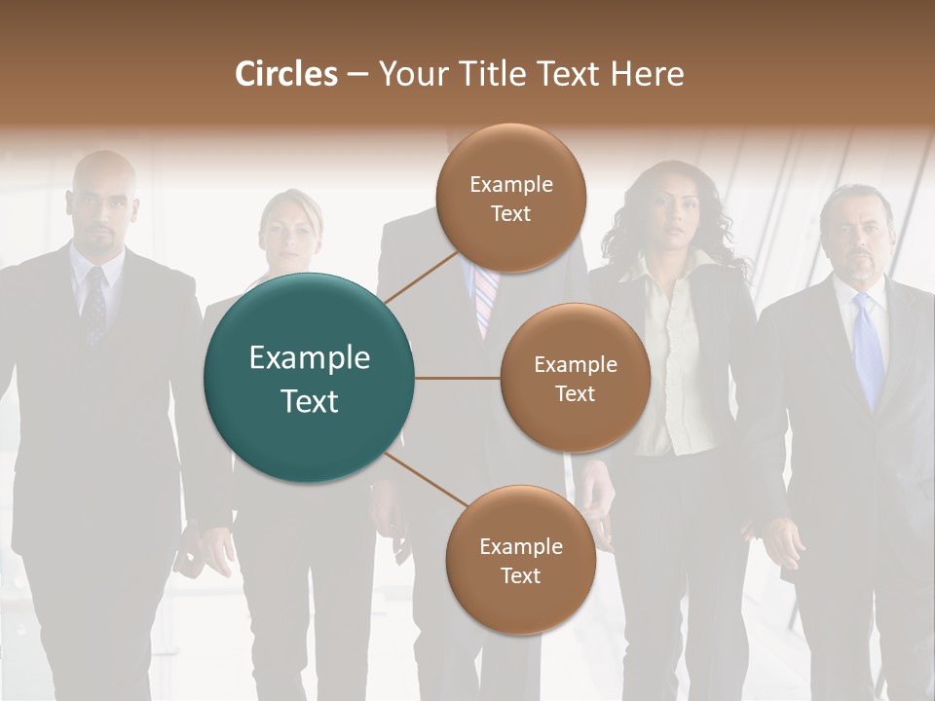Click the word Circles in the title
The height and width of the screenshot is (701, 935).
click(286, 74)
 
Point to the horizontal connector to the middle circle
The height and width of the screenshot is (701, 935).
click(457, 378)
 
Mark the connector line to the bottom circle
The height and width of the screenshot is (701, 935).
click(425, 479)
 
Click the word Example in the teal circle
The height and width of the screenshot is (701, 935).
click(309, 358)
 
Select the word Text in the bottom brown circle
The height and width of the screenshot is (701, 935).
click(520, 575)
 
